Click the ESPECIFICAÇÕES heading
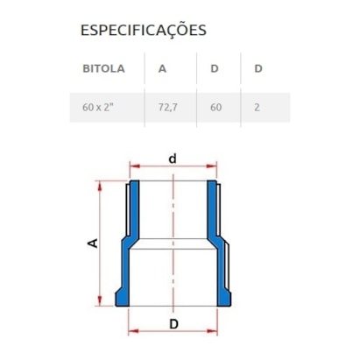[143, 31]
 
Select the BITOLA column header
[103, 68]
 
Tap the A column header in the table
[163, 68]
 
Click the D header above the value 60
[215, 68]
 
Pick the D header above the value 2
[258, 68]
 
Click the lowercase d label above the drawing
[173, 159]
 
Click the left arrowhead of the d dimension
[133, 168]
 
